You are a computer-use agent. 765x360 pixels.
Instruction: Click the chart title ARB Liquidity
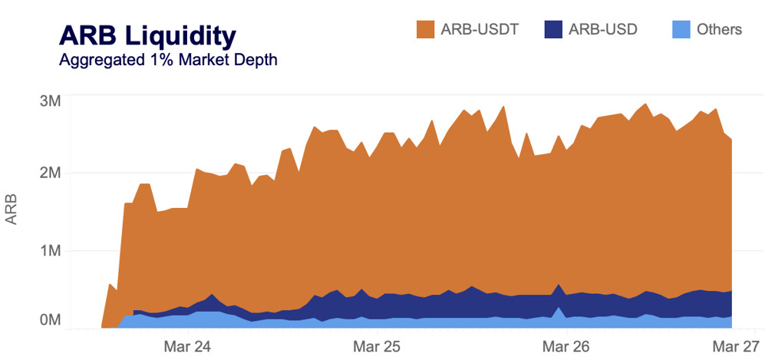(x=147, y=35)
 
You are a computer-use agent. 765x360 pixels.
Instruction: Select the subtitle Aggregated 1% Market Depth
(x=168, y=60)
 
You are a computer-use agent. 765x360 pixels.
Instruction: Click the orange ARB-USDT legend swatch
(x=426, y=29)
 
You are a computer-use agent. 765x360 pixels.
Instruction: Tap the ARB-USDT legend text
(x=480, y=30)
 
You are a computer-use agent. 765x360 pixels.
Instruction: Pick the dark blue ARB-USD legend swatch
(x=554, y=29)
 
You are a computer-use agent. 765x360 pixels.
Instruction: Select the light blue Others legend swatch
(x=681, y=29)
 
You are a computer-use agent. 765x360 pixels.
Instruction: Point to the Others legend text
(x=719, y=30)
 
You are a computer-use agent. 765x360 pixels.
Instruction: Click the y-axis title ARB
(x=12, y=210)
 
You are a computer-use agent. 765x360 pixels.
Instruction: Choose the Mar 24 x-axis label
(x=187, y=345)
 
